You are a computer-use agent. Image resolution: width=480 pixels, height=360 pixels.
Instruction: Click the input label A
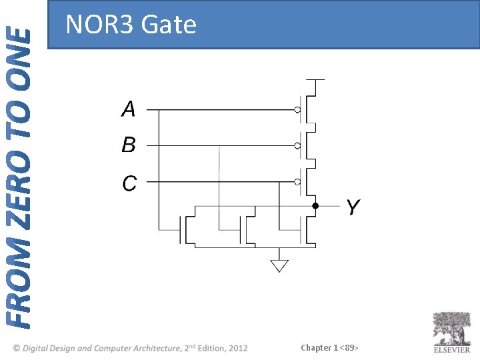(129, 109)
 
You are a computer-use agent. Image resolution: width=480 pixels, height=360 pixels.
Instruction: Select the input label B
(129, 145)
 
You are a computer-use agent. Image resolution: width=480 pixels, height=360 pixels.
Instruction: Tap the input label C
(129, 183)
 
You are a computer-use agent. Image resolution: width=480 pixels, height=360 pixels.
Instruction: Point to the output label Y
(353, 208)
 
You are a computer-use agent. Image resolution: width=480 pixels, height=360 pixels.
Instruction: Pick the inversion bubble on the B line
(298, 145)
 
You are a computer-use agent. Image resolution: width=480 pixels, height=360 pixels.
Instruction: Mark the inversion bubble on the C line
(298, 181)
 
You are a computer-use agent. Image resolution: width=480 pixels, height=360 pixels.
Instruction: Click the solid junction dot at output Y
(316, 206)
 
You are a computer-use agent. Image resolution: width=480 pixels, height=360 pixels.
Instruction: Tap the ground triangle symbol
(279, 266)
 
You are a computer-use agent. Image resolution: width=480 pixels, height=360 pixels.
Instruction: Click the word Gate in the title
(169, 25)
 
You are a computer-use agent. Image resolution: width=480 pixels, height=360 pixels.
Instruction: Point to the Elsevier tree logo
(452, 328)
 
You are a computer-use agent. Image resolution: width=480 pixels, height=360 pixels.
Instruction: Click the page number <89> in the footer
(349, 347)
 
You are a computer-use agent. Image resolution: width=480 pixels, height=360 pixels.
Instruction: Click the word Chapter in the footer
(316, 347)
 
